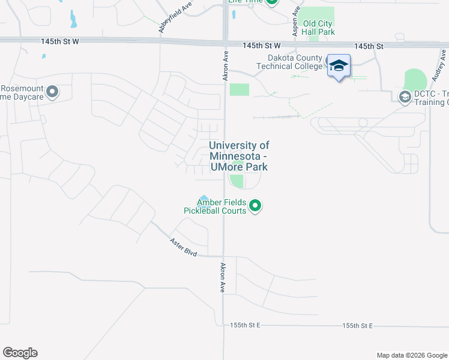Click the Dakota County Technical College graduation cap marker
(339, 66)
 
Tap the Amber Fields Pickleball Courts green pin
(255, 206)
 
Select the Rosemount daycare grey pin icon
(52, 92)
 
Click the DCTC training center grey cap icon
(404, 96)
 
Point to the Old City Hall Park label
(318, 28)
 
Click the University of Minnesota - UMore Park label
(239, 157)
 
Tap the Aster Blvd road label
(183, 247)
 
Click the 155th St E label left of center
(246, 325)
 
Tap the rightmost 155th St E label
(358, 325)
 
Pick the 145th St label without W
(369, 46)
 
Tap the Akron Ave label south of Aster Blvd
(223, 277)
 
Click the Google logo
(20, 353)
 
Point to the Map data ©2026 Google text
(411, 355)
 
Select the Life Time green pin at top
(272, 2)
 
